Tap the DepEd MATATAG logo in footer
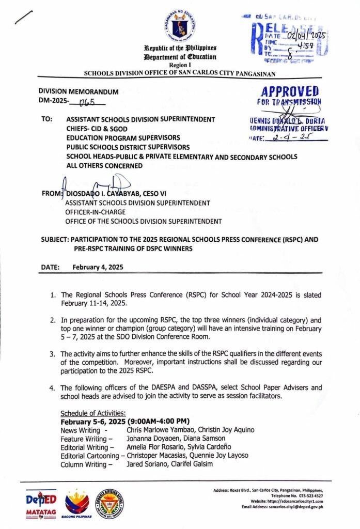pyautogui.click(x=41, y=504)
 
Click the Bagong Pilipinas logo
pyautogui.click(x=76, y=503)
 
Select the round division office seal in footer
pyautogui.click(x=110, y=503)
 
